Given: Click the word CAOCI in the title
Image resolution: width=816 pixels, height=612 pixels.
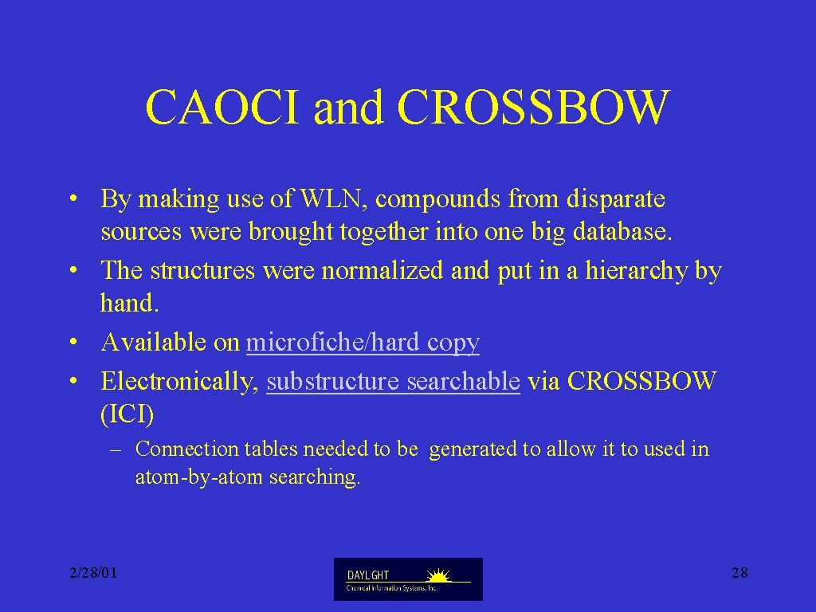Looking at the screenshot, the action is click(x=223, y=107).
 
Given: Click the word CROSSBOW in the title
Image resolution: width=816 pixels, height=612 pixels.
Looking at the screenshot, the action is click(x=533, y=107).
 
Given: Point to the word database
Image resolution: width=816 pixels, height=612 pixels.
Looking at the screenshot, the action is click(x=622, y=232).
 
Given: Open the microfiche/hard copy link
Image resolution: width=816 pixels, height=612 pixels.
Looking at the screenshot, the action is click(x=363, y=343).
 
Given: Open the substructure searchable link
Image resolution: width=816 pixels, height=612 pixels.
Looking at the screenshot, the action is click(x=394, y=382).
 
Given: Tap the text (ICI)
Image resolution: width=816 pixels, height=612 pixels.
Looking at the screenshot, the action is click(x=127, y=414).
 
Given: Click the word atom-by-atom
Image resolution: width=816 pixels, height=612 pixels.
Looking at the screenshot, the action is click(x=198, y=477).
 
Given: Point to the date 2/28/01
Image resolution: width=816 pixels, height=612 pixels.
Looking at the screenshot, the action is click(x=94, y=573).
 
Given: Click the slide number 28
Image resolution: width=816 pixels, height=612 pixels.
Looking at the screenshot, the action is click(x=739, y=573).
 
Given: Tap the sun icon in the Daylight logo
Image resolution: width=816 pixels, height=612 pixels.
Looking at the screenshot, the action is click(x=438, y=575).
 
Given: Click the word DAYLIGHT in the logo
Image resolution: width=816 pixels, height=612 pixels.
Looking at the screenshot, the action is click(x=368, y=575).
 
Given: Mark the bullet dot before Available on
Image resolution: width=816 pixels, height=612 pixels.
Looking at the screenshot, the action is click(x=73, y=343).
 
